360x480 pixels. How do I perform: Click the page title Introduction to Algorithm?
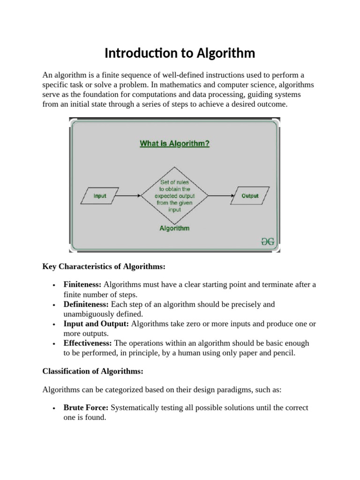(180, 53)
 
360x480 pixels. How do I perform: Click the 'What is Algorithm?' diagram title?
(174, 144)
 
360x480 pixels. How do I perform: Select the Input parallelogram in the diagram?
(100, 196)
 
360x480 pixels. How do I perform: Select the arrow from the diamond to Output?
(219, 196)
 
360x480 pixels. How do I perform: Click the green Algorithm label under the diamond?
(174, 229)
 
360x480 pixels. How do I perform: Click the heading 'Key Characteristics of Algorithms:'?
(104, 267)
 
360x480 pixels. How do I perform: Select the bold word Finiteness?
(82, 285)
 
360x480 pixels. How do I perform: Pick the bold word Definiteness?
(86, 304)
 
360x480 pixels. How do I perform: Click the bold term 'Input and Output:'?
(96, 324)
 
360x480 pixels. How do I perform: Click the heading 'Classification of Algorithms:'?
(92, 371)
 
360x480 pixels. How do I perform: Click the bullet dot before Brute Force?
(55, 408)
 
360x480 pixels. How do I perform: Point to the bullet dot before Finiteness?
(55, 285)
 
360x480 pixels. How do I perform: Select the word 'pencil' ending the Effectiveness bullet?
(284, 353)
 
